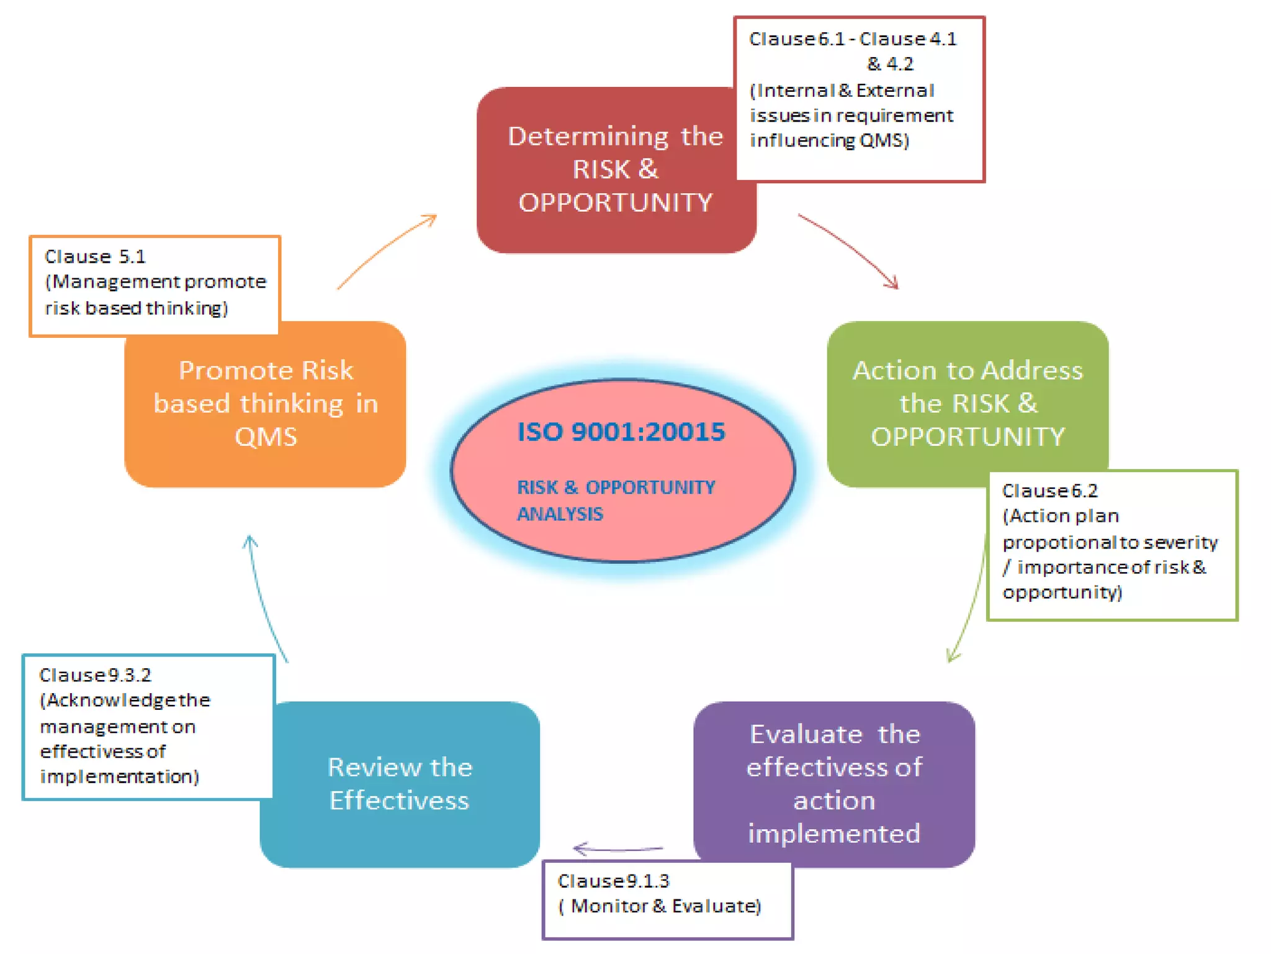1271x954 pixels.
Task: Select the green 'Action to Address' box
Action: [967, 402]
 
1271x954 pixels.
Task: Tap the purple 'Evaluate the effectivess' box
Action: [833, 784]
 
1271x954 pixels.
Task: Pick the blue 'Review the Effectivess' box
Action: [400, 784]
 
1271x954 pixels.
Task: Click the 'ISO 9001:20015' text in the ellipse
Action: [621, 432]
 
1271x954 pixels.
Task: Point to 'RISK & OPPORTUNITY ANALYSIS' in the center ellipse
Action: [616, 500]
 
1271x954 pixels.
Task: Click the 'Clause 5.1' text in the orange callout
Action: [95, 257]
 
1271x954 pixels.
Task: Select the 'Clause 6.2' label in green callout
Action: [1049, 491]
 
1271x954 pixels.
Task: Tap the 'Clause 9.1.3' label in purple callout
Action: [613, 881]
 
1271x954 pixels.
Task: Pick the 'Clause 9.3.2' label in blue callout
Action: [95, 675]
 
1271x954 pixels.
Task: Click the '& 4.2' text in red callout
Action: [890, 64]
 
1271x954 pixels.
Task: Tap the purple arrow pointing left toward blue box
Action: [618, 848]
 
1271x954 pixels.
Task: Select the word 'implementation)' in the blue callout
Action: [119, 776]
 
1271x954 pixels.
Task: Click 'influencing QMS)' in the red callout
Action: [829, 140]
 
